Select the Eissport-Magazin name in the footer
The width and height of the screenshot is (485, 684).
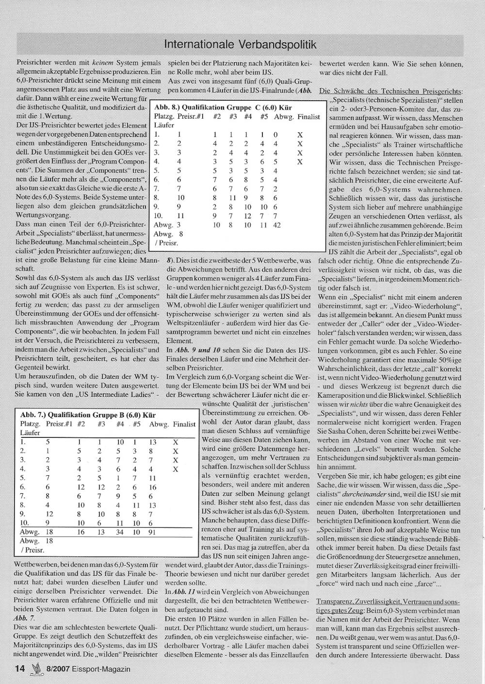coord(102,669)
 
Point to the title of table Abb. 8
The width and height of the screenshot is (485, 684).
coord(223,108)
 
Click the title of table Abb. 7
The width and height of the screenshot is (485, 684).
coord(88,415)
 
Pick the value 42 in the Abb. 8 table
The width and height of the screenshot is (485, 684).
coord(277,225)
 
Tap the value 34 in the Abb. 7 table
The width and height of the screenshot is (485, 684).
coord(120,532)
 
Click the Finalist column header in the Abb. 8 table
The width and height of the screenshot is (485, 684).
coord(308,117)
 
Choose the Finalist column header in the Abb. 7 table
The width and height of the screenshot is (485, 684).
coord(184,424)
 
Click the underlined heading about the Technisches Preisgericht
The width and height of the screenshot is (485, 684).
coord(391,91)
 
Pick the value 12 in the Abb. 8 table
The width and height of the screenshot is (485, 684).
coord(248,216)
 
